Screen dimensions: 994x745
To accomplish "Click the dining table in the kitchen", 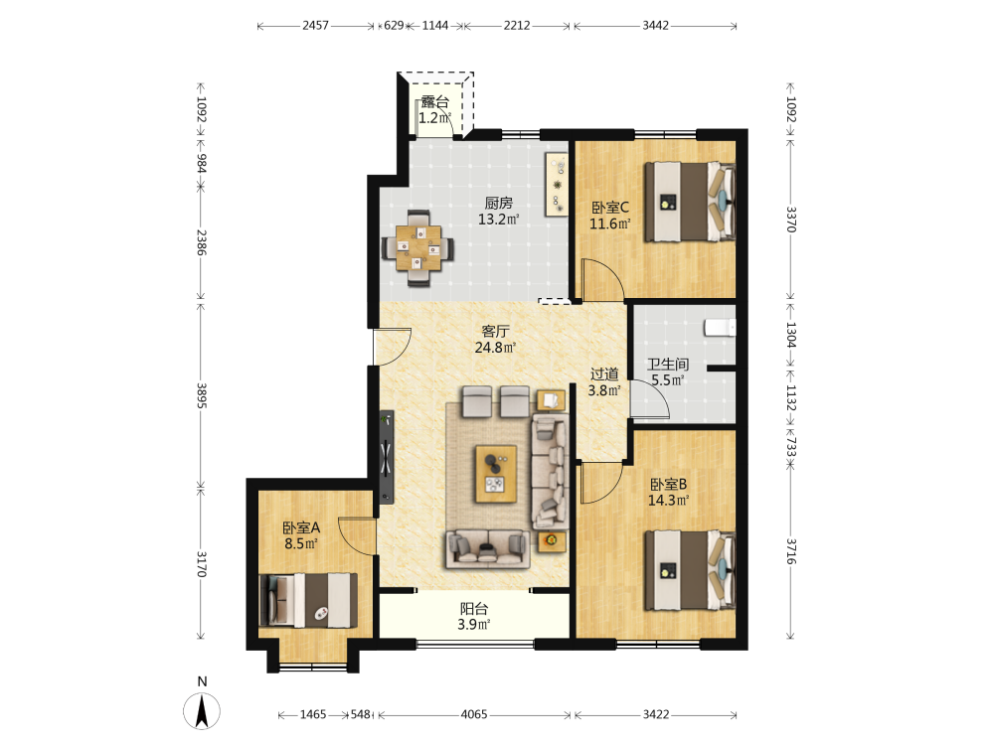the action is (x=418, y=247).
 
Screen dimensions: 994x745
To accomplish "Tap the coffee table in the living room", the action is (x=496, y=474).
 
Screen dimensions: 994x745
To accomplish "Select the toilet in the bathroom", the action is (x=720, y=327).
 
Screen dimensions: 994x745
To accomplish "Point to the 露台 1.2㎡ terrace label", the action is (x=435, y=109).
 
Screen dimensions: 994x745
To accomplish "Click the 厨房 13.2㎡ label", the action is (x=498, y=211).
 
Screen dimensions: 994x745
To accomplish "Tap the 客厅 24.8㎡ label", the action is (x=495, y=339).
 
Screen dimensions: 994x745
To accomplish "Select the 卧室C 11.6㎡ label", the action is (x=610, y=216).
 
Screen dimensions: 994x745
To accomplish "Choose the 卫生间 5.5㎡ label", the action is (x=668, y=372).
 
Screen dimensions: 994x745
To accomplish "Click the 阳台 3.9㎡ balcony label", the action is (x=474, y=617).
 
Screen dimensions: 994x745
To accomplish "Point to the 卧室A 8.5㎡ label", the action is (x=301, y=535).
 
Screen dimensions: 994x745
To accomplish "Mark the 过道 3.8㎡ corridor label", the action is (x=604, y=382).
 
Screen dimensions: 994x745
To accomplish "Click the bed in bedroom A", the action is (x=308, y=601).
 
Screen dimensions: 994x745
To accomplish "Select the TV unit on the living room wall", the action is (x=387, y=457).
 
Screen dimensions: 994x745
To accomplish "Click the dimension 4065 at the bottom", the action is (x=473, y=714).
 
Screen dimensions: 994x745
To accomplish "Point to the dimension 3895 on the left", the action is (x=202, y=395).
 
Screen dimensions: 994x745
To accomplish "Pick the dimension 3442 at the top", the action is (x=655, y=26).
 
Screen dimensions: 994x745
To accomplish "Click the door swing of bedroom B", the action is (x=602, y=483).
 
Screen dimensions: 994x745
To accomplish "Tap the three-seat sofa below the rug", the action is (x=488, y=549).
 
